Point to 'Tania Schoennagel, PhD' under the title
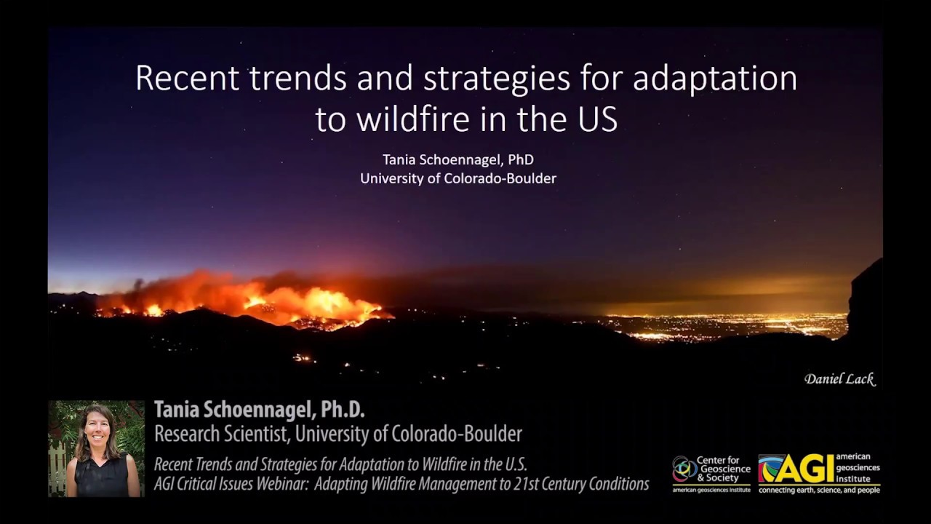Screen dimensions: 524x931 point(458,159)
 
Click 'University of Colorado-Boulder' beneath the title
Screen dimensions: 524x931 point(458,178)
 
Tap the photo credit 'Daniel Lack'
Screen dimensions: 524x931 point(839,379)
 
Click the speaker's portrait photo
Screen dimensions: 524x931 point(96,448)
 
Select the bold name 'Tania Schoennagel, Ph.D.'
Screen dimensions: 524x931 point(259,410)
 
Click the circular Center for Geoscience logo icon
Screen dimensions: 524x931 point(684,469)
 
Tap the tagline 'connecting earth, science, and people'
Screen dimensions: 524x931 point(819,491)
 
